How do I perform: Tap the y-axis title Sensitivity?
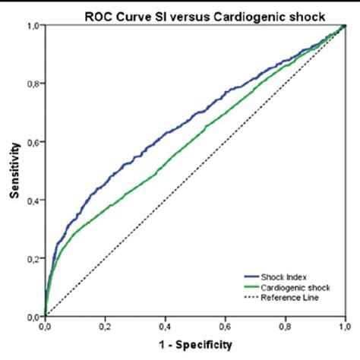[x=14, y=170]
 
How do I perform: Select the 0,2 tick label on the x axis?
[x=105, y=326]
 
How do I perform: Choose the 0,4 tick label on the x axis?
[x=166, y=326]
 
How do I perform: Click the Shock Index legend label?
[x=283, y=278]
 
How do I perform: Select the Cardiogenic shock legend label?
[x=292, y=288]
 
